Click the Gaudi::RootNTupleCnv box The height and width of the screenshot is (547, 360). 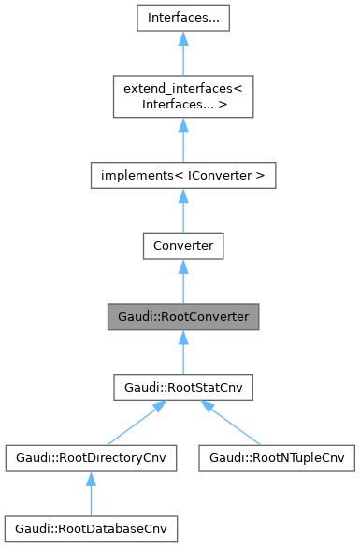coord(277,459)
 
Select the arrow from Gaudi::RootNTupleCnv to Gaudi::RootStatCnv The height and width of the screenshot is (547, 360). coord(230,425)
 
